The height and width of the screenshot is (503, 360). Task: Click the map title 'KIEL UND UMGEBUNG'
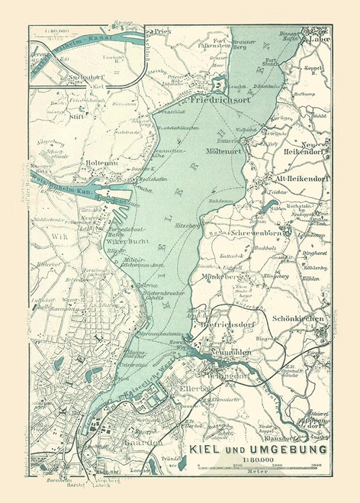click(x=259, y=449)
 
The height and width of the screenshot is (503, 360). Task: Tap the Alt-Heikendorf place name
click(x=301, y=179)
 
